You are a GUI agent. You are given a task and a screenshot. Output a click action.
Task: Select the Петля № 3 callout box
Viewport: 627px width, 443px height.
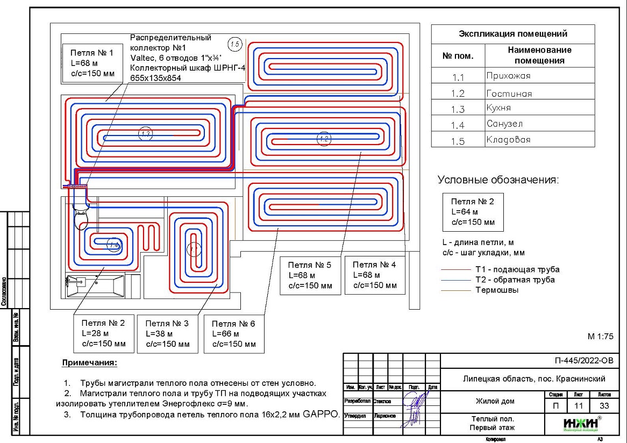pyautogui.click(x=167, y=333)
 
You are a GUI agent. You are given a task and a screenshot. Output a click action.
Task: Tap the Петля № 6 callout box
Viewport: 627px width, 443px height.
pyautogui.click(x=233, y=333)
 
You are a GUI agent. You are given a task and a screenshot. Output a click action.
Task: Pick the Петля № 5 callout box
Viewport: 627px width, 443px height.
pyautogui.click(x=310, y=275)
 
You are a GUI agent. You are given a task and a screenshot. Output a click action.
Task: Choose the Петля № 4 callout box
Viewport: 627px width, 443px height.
pyautogui.click(x=375, y=274)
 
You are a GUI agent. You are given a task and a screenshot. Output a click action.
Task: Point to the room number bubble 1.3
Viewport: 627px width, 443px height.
pyautogui.click(x=145, y=134)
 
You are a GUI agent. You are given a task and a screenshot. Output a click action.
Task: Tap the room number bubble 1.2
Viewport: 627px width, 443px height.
pyautogui.click(x=323, y=139)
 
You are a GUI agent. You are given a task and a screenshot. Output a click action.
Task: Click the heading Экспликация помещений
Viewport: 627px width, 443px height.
pyautogui.click(x=512, y=34)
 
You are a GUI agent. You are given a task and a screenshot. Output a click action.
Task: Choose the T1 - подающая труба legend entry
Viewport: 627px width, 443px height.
pyautogui.click(x=517, y=269)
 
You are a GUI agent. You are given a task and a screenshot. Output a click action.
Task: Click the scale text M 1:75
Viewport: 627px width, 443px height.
pyautogui.click(x=601, y=337)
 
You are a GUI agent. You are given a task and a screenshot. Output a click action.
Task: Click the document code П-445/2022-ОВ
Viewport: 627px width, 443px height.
pyautogui.click(x=583, y=361)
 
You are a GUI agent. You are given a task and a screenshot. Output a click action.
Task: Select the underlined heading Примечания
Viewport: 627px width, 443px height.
pyautogui.click(x=89, y=363)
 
